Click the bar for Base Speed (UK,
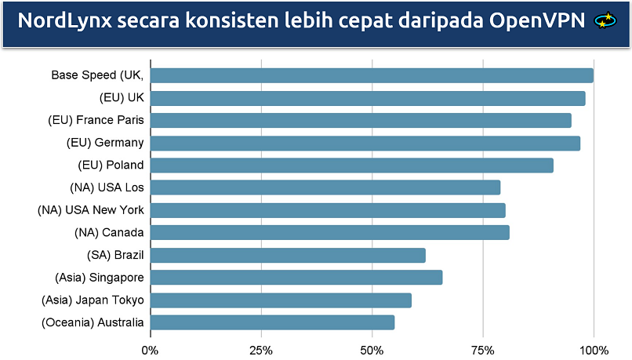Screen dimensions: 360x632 [372, 75]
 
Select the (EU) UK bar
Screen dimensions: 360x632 [368, 98]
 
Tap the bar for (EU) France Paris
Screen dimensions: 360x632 [361, 120]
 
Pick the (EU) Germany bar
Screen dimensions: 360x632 [365, 143]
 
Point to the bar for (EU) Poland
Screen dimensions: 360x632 [352, 165]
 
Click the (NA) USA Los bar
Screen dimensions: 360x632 [325, 187]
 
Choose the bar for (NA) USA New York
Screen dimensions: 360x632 [328, 210]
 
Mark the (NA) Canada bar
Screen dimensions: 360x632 [330, 232]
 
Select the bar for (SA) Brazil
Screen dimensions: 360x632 [288, 255]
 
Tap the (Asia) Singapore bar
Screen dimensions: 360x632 [296, 278]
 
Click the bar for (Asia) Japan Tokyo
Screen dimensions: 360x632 [281, 300]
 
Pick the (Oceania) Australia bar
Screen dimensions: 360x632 [272, 322]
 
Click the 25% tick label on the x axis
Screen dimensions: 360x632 [261, 349]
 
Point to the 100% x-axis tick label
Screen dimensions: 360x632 [594, 349]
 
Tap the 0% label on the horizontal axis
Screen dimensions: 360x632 [150, 349]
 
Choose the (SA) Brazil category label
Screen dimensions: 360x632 [115, 255]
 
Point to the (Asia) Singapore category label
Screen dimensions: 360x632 [100, 278]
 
